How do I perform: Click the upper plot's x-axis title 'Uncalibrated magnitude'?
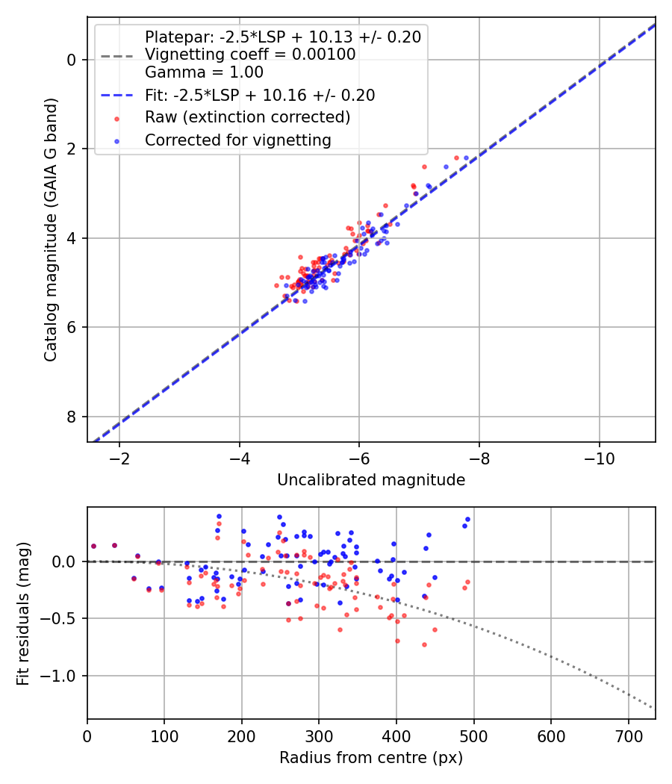371,480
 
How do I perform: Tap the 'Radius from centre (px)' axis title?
371,758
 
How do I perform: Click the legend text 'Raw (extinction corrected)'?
247,117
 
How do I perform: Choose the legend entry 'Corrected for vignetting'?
237,140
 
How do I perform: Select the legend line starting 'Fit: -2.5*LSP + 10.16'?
259,95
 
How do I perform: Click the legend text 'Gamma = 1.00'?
204,72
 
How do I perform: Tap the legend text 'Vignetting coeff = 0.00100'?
250,55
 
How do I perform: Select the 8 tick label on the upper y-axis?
72,417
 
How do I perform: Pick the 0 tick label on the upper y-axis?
72,60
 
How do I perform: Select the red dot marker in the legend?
116,118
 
